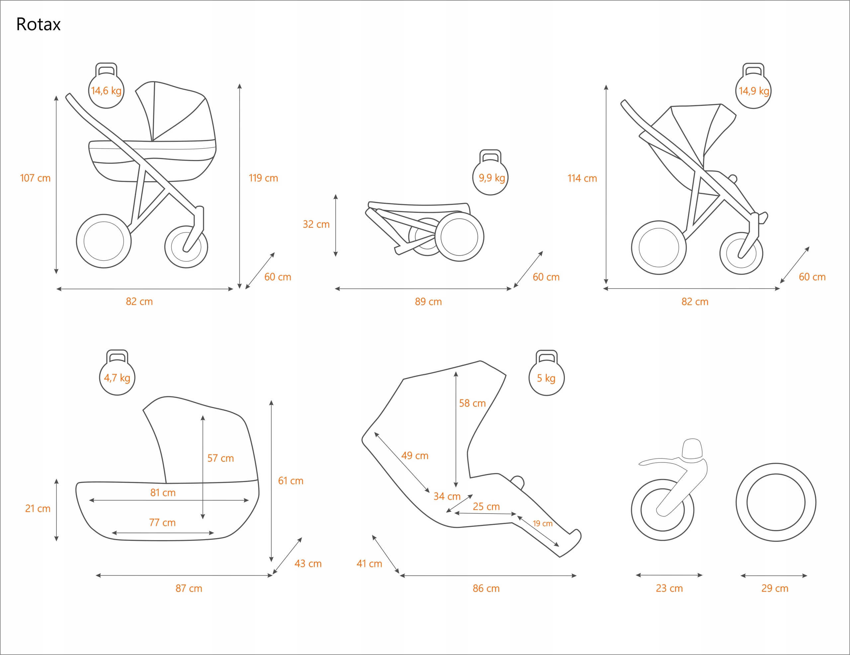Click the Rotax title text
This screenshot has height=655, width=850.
[38, 25]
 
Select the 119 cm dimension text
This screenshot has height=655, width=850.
[264, 178]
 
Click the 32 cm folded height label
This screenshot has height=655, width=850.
[316, 224]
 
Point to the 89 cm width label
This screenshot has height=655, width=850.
[428, 302]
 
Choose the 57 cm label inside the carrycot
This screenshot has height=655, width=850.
[220, 458]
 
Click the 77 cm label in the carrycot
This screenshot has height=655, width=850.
[162, 522]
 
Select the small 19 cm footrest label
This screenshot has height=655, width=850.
[543, 524]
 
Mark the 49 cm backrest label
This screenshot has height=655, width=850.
[415, 455]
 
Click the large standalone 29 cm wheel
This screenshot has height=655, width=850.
[776, 502]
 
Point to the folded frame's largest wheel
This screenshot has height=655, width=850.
[459, 237]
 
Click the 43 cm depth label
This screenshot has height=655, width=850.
[308, 564]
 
